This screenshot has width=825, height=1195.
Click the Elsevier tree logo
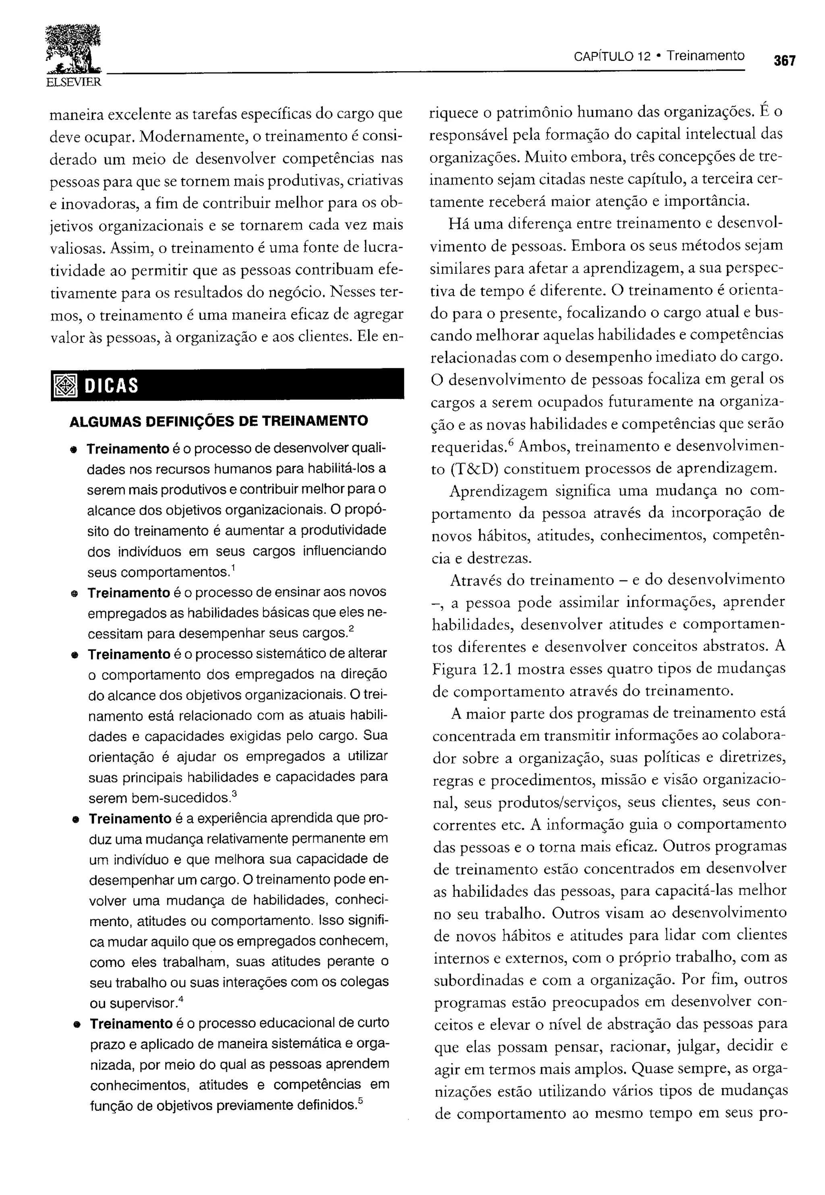pyautogui.click(x=73, y=49)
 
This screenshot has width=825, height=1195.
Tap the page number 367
pyautogui.click(x=784, y=60)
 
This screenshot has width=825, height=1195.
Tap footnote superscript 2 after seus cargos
pyautogui.click(x=351, y=629)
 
